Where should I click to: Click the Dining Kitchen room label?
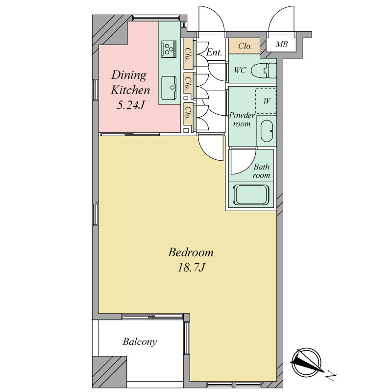130,82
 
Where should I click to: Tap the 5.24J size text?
131,105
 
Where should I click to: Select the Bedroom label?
191,252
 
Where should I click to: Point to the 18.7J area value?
191,268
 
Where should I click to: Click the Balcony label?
140,342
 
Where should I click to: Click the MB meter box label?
282,45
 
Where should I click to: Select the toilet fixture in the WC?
264,70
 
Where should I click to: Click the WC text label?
240,71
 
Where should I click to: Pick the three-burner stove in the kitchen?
169,49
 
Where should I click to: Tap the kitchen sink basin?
169,88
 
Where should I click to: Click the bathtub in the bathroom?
251,195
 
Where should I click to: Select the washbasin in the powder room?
267,131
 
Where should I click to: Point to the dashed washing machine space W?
266,101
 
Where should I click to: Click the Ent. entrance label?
214,52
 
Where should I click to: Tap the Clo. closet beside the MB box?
244,46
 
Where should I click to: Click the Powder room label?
242,120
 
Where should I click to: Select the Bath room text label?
261,171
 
